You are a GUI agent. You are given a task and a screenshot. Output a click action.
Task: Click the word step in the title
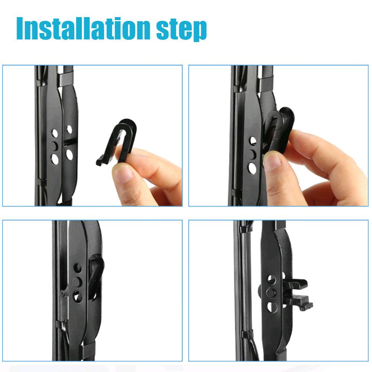182,30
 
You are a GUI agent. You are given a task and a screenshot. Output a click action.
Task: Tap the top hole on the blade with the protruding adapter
272,279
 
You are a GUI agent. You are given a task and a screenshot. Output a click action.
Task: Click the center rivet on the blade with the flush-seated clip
77,282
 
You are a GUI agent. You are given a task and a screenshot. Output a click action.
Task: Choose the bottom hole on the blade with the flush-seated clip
78,296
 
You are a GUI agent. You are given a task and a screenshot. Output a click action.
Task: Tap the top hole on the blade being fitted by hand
253,141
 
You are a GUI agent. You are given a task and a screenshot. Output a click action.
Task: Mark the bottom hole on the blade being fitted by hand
252,168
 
